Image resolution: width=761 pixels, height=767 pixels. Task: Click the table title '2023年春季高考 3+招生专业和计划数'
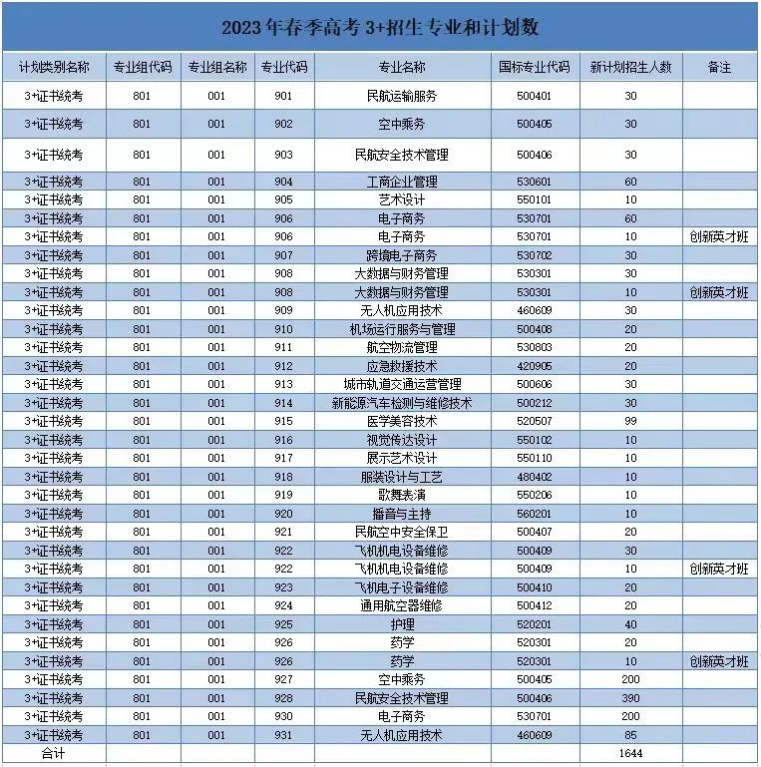click(380, 27)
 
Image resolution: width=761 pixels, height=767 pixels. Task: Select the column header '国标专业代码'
click(534, 68)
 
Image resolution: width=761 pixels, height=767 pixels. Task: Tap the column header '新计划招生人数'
click(630, 68)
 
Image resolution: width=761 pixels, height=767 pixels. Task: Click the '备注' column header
click(719, 68)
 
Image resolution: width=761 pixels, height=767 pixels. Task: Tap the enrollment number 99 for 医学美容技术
click(630, 422)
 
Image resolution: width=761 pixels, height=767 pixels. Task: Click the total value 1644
click(630, 754)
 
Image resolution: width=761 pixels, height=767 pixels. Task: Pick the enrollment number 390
click(630, 698)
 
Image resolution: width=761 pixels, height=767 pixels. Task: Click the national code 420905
click(534, 366)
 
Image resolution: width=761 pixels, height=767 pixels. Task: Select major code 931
click(283, 735)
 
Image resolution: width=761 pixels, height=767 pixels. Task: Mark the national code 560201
click(534, 514)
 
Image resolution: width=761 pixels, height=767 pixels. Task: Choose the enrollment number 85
click(630, 735)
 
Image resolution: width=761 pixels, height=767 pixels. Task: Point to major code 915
click(283, 422)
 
